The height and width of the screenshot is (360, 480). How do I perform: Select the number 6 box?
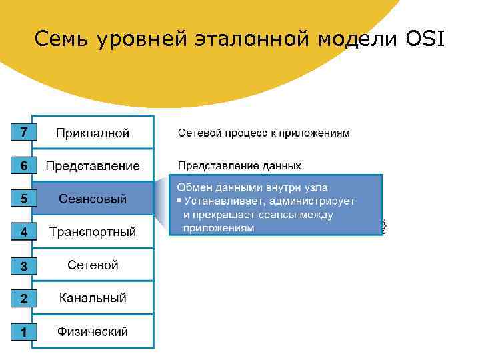pos(23,165)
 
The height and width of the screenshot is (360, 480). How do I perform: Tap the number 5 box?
pos(23,198)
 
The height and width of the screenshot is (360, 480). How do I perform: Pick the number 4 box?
pos(23,232)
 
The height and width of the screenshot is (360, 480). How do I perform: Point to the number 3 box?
pos(23,266)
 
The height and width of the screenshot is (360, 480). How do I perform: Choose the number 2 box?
pos(23,299)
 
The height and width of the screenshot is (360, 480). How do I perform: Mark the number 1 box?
pos(23,331)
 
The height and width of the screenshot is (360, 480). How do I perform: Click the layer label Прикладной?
pos(93,133)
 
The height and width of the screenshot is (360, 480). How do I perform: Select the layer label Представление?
pos(93,165)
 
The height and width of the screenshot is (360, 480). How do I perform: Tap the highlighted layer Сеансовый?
pos(93,199)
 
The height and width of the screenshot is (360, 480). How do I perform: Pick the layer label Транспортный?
pos(93,232)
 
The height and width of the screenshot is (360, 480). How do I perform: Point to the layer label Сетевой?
pos(93,265)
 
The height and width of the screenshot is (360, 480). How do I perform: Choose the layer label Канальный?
pos(93,298)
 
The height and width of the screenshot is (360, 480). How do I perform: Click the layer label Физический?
pos(93,331)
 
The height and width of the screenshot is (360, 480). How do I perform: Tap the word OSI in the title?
pos(426,40)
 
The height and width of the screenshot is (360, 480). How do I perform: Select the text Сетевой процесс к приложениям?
pos(263,133)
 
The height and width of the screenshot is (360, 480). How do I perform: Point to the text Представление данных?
pos(239,165)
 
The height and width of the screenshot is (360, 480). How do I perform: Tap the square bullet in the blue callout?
pos(179,201)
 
